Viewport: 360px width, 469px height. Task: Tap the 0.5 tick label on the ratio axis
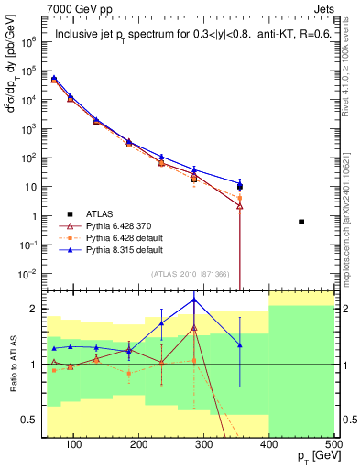click(27, 420)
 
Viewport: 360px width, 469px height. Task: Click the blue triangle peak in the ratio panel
click(194, 300)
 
